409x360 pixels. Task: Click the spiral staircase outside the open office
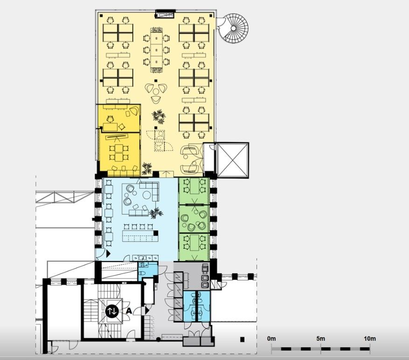pos(234,28)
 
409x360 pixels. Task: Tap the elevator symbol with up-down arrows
pos(112,311)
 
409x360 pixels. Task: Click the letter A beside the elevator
pos(129,311)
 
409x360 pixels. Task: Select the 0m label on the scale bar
pos(271,339)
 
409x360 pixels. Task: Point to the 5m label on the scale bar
pos(320,339)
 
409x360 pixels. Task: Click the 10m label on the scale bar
pos(370,339)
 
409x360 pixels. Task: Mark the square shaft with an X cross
pos(232,160)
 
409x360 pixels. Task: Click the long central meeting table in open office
pos(156,49)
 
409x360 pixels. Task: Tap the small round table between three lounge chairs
pos(156,92)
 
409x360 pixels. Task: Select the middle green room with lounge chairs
pos(194,219)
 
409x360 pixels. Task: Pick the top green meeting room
pos(194,191)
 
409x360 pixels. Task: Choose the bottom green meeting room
pos(194,247)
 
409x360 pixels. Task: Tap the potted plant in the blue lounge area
pos(156,213)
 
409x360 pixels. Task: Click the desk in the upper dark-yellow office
pos(110,127)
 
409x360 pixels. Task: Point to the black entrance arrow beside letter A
pos(147,311)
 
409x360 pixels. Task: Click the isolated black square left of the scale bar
pos(243,339)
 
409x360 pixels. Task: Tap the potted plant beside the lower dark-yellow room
pos(147,169)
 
